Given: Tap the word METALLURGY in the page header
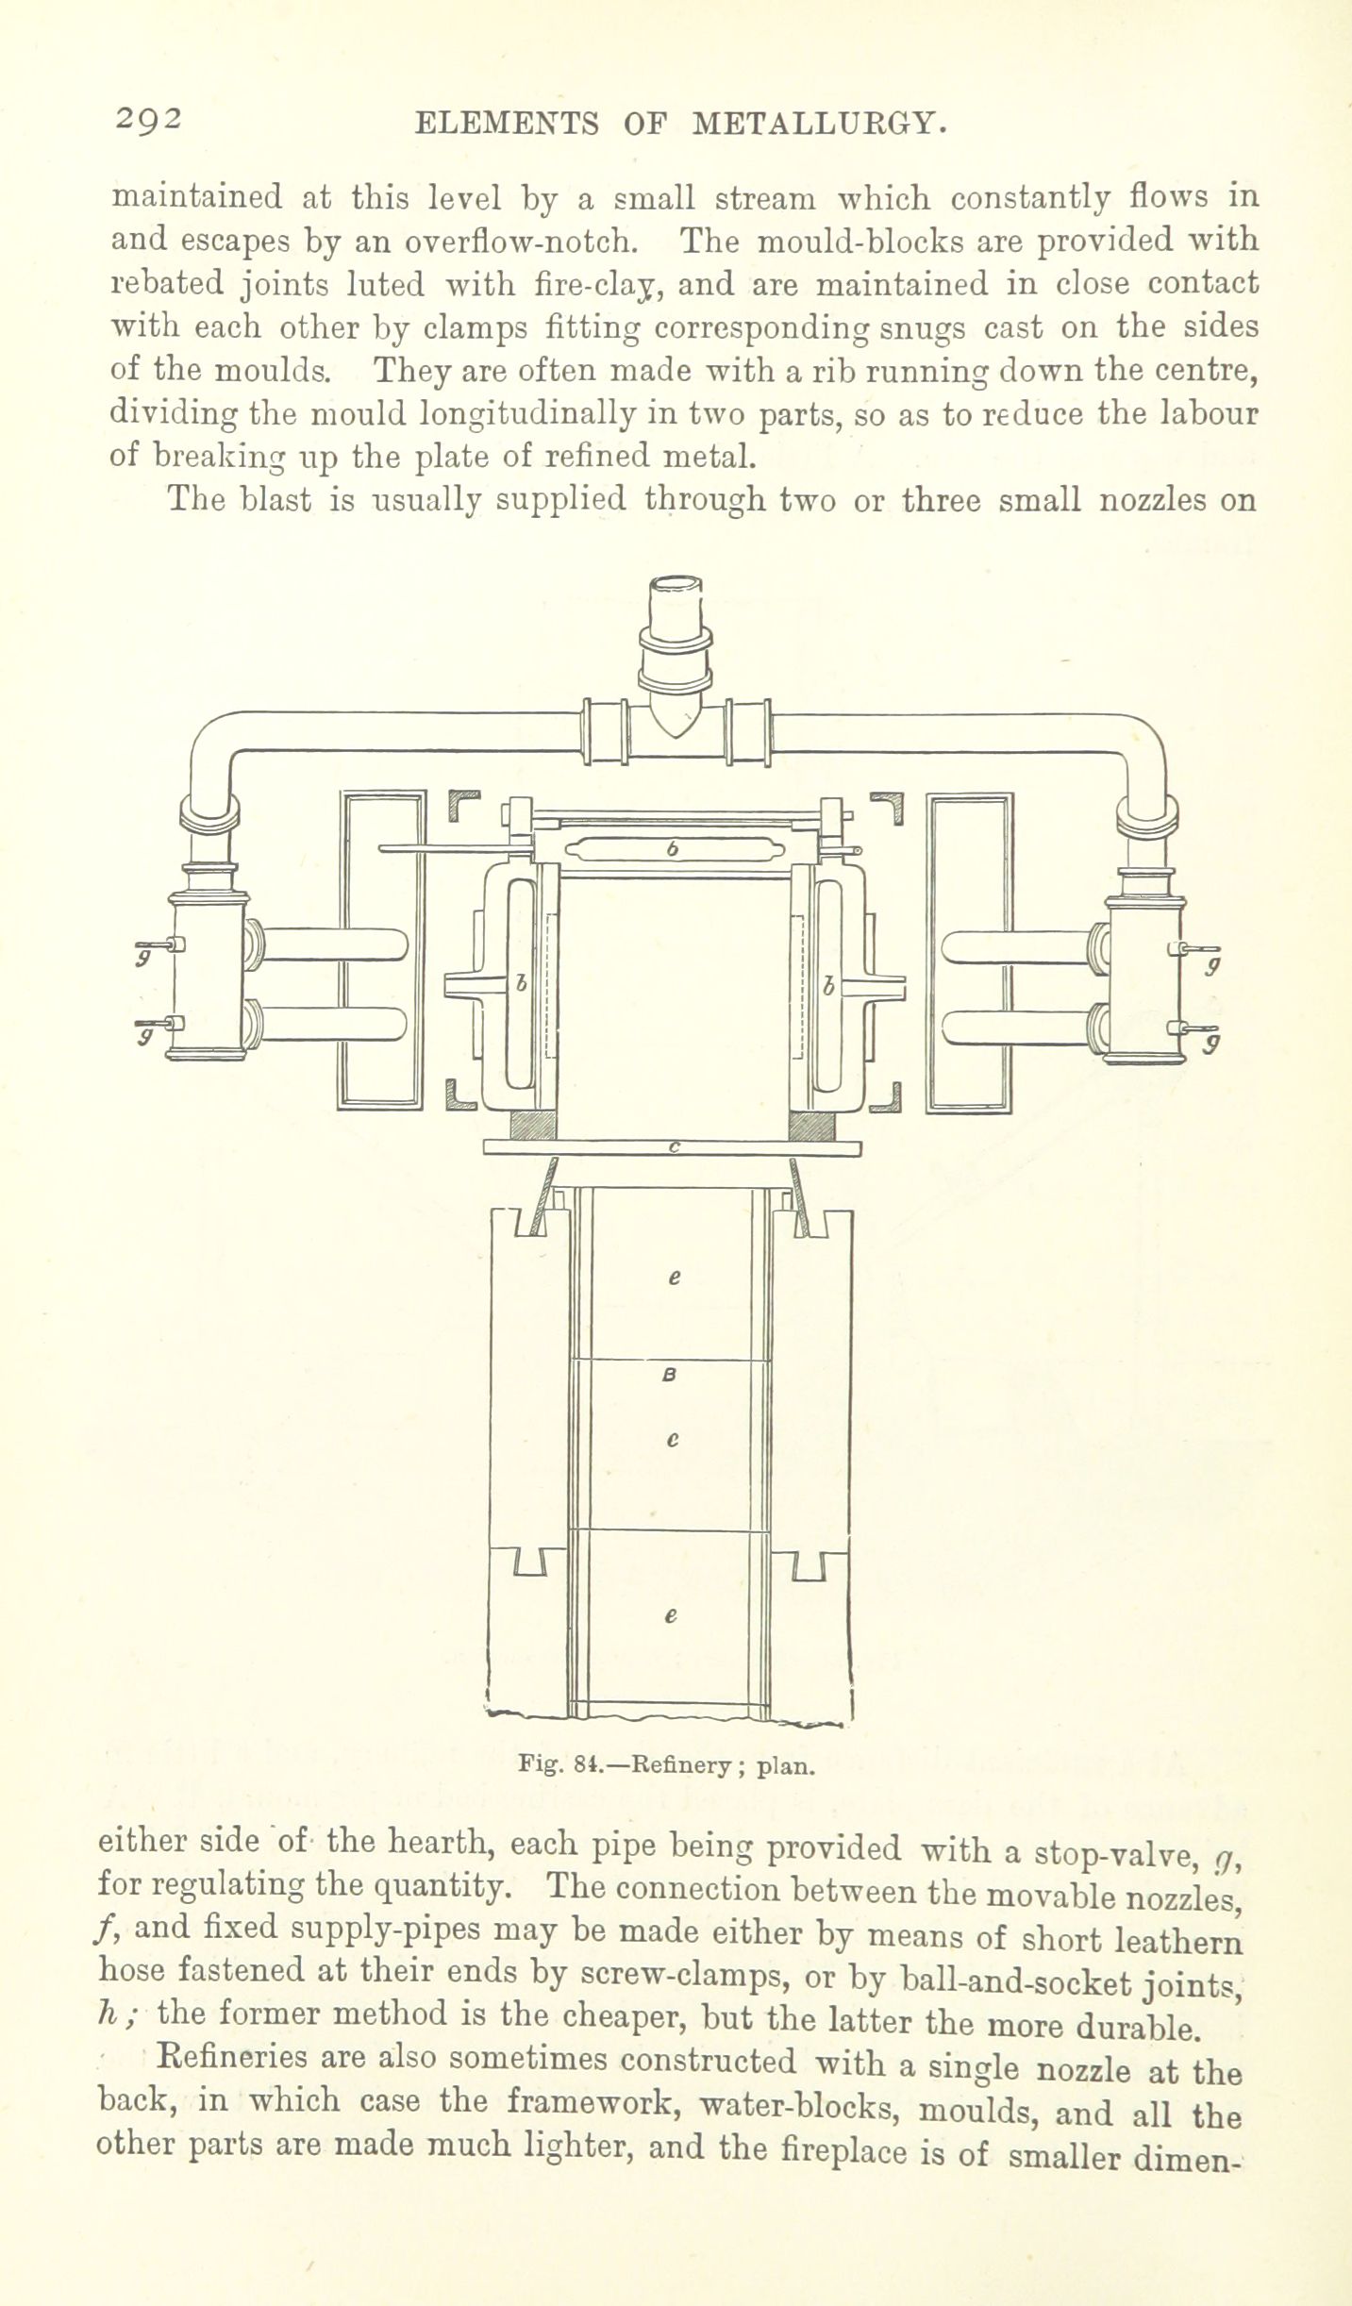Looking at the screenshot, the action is click(x=819, y=124).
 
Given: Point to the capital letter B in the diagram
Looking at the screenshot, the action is click(x=670, y=1376).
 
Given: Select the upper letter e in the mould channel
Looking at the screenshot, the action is click(x=674, y=1278).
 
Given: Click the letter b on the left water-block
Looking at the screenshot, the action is click(x=520, y=984).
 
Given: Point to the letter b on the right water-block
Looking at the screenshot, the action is click(x=828, y=987).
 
